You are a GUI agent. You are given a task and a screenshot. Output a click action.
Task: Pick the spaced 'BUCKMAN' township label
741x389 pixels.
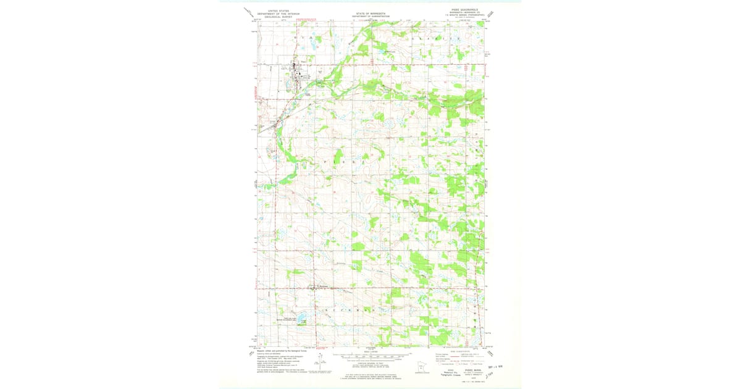tap(345, 308)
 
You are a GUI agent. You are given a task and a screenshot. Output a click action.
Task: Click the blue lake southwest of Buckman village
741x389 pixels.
tap(301, 319)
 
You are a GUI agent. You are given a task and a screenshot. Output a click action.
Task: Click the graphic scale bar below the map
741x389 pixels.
tap(371, 357)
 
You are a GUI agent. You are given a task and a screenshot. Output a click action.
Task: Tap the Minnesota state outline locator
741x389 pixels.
tap(421, 364)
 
